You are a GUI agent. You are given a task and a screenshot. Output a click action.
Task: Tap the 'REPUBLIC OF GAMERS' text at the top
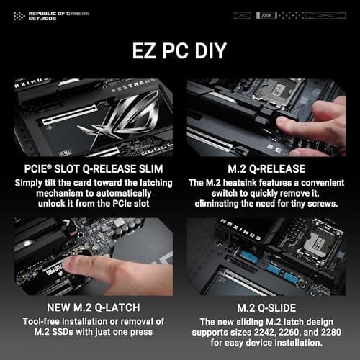pos(42,12)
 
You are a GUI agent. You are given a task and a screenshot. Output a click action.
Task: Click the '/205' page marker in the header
pos(269,14)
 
